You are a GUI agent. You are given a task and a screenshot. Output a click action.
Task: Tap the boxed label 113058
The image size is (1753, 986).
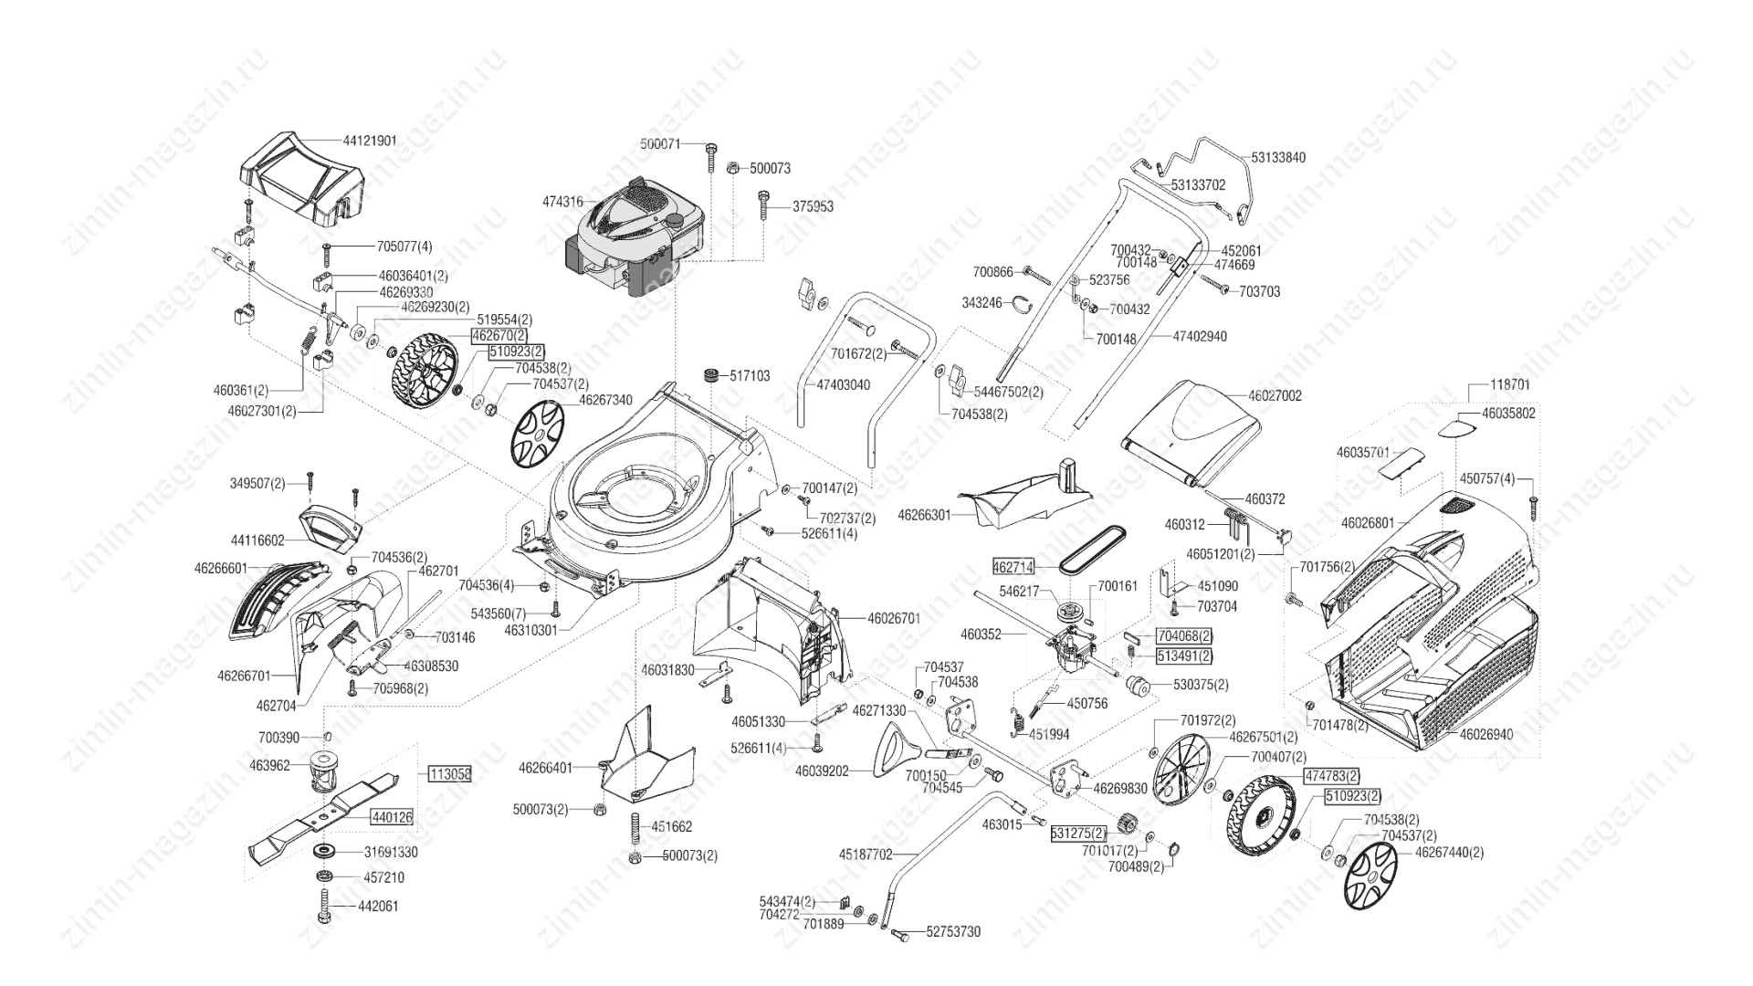coord(449,773)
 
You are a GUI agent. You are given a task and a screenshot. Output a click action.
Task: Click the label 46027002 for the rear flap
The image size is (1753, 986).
coord(1275,396)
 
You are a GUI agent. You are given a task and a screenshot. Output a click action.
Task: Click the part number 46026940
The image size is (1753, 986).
coord(1485,734)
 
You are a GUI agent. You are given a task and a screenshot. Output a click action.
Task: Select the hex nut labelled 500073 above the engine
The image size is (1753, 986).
coord(732,168)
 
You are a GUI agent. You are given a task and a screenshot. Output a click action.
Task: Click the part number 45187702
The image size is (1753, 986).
coord(866,855)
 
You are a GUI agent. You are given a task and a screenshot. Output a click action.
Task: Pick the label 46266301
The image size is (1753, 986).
coord(925,515)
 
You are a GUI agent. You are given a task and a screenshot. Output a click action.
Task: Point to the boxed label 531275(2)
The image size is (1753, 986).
coord(1078,834)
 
